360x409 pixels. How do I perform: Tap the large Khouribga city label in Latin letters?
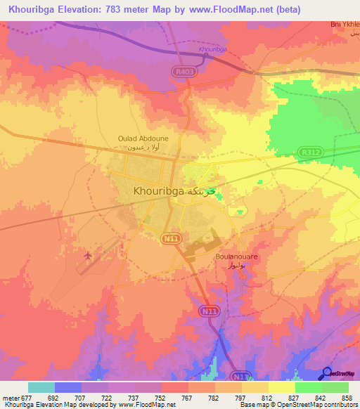(159, 190)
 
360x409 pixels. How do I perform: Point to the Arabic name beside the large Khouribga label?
(201, 190)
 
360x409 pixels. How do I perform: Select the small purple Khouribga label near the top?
(212, 49)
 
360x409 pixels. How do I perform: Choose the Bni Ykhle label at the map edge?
(345, 24)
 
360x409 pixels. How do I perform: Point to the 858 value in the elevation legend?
(347, 397)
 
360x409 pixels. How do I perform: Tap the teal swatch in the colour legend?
(41, 387)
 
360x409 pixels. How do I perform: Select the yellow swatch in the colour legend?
(281, 387)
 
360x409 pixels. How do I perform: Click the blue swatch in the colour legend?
(68, 387)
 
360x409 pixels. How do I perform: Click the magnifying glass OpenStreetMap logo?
(328, 373)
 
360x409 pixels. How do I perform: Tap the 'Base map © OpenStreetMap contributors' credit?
(296, 405)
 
